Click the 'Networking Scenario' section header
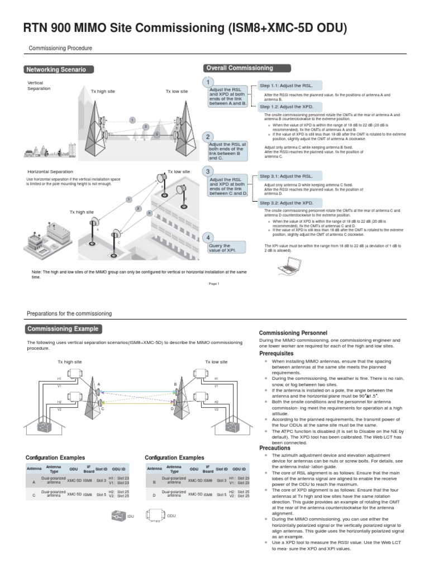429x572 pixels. (x=58, y=70)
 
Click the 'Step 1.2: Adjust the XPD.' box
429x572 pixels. (x=285, y=106)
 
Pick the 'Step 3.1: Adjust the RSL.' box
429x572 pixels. (x=285, y=176)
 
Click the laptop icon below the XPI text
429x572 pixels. (x=290, y=269)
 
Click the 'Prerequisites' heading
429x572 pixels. (x=277, y=354)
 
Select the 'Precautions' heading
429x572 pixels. (x=275, y=448)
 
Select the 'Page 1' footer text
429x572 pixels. (x=214, y=283)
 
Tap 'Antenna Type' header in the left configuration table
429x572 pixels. (x=54, y=469)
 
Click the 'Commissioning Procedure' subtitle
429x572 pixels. (x=60, y=49)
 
